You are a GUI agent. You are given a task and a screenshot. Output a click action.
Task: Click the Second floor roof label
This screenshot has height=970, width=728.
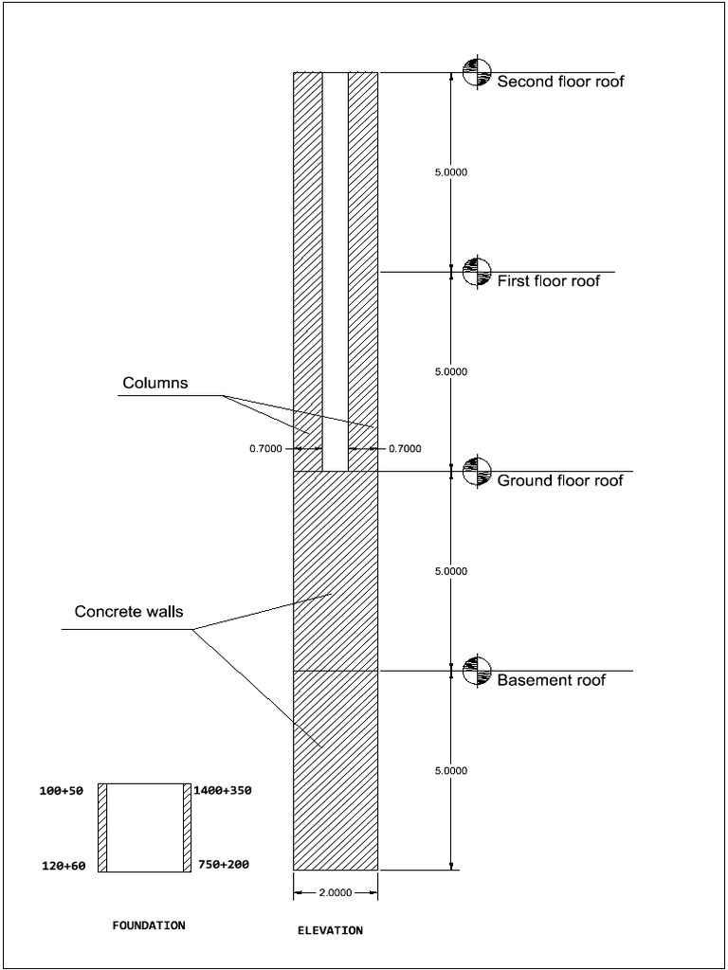click(560, 81)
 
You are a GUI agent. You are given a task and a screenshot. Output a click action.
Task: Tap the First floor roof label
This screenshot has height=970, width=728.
click(549, 280)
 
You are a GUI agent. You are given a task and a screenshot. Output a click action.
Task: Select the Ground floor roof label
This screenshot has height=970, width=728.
click(560, 480)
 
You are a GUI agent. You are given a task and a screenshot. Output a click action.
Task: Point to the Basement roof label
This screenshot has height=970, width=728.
click(551, 680)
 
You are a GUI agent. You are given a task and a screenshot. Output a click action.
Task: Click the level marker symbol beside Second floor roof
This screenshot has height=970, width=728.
click(475, 72)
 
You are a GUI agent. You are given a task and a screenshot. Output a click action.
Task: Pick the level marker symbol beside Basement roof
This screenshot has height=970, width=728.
click(475, 671)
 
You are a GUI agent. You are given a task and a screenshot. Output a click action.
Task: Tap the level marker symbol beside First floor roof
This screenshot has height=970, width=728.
click(475, 272)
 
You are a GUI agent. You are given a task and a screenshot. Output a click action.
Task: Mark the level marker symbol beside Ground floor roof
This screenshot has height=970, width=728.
click(475, 471)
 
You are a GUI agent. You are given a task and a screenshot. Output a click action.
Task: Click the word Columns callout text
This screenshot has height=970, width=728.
click(155, 383)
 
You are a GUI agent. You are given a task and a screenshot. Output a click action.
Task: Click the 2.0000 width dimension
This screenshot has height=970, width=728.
click(336, 892)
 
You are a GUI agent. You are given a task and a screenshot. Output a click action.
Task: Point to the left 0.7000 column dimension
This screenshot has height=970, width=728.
click(265, 449)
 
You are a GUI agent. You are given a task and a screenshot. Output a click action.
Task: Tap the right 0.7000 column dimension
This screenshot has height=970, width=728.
click(405, 449)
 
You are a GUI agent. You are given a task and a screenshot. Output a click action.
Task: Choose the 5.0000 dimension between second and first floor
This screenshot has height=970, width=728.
click(450, 172)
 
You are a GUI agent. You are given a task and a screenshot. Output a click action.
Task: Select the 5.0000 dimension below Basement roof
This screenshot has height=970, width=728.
click(450, 771)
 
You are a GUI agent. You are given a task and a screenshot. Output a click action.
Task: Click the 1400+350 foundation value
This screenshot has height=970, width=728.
click(223, 789)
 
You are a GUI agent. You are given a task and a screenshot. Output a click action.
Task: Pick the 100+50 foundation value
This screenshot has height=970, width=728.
click(66, 789)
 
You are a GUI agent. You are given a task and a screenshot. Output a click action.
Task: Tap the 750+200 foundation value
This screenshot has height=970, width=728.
click(224, 865)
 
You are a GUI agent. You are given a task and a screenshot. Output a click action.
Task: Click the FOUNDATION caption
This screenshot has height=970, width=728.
click(149, 925)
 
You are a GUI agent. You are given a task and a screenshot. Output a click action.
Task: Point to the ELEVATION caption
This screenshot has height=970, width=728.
click(330, 931)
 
